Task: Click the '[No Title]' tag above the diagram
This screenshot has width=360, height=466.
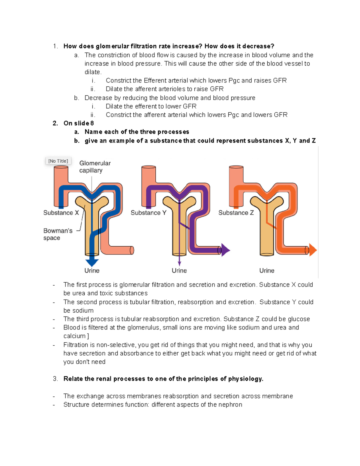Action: pyautogui.click(x=58, y=161)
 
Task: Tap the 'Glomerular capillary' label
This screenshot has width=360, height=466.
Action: pyautogui.click(x=95, y=167)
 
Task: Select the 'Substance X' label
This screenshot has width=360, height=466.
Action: pyautogui.click(x=61, y=213)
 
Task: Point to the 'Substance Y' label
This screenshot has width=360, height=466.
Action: pyautogui.click(x=148, y=213)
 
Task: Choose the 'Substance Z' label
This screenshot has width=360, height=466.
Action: pyautogui.click(x=236, y=213)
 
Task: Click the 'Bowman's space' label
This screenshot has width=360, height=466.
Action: pyautogui.click(x=58, y=234)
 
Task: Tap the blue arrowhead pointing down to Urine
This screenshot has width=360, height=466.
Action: pyautogui.click(x=92, y=262)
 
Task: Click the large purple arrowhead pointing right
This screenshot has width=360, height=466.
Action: pyautogui.click(x=225, y=250)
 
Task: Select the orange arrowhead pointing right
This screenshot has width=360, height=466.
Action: pyautogui.click(x=313, y=250)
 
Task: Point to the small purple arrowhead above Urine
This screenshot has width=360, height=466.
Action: pyautogui.click(x=179, y=263)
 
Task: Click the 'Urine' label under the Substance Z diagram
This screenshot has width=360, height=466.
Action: pyautogui.click(x=267, y=271)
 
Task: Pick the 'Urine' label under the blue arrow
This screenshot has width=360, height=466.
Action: pyautogui.click(x=92, y=271)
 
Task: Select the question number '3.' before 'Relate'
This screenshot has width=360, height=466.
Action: pyautogui.click(x=55, y=379)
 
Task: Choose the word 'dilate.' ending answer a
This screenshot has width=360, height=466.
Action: pyautogui.click(x=93, y=72)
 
